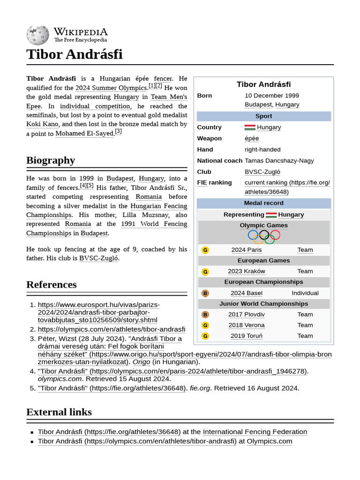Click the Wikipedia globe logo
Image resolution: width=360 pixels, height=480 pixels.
37,35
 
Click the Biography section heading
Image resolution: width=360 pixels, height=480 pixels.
51,160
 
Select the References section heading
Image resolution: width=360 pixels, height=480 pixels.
52,285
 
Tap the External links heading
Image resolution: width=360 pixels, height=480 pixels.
59,412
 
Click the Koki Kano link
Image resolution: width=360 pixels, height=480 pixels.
42,124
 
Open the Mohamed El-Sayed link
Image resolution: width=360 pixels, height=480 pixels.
84,134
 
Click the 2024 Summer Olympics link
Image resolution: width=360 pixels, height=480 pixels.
111,88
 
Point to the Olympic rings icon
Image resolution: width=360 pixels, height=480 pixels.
263,237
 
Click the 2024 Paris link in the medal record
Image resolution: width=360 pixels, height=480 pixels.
247,250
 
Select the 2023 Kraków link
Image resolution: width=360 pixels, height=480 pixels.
247,271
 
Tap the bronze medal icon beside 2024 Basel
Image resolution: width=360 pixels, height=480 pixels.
205,293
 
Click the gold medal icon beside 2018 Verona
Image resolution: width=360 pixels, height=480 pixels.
205,325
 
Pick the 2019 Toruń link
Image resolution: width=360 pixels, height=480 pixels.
247,336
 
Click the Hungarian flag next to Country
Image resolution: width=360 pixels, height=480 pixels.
250,127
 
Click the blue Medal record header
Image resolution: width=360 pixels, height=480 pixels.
263,203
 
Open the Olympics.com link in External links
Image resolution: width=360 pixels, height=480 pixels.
269,442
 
